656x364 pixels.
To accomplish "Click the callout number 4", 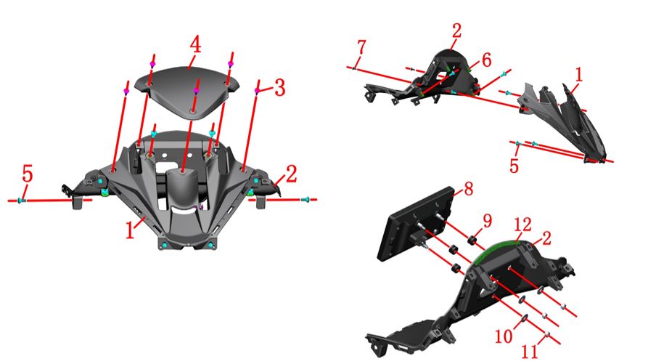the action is click(195, 44).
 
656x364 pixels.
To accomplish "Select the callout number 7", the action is click(361, 47).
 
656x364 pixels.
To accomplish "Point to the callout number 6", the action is click(486, 60).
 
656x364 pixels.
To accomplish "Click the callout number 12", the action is click(522, 225).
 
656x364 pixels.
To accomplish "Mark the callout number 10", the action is click(504, 336).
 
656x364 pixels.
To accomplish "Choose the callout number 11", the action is click(529, 352).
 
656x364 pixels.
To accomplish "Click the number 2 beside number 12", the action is click(546, 238).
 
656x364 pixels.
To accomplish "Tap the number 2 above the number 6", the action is click(456, 31).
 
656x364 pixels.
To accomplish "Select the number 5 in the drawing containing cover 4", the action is click(27, 174).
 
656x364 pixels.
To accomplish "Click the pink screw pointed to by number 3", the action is click(258, 90).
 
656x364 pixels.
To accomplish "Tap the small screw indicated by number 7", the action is click(354, 68).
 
